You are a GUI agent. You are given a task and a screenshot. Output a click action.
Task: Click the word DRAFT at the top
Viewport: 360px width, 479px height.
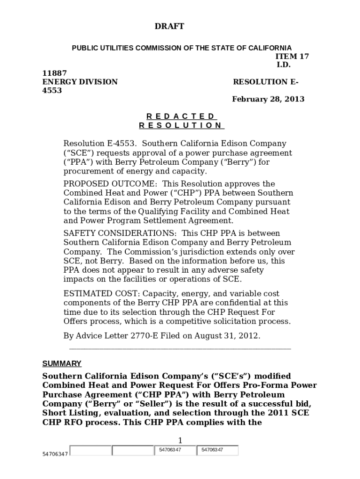point(169,27)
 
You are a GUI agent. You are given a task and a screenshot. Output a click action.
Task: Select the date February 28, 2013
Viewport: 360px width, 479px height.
point(268,99)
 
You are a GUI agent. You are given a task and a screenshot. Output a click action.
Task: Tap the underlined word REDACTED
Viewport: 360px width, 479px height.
point(180,116)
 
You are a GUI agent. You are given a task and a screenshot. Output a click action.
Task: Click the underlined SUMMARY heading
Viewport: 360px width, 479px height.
point(62,363)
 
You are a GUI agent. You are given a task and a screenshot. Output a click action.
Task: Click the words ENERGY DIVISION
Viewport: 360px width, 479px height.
point(80,82)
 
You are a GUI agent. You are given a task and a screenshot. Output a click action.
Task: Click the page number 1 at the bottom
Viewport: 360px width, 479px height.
point(180,440)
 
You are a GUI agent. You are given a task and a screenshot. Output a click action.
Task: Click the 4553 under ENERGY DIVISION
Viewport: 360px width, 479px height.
point(52,91)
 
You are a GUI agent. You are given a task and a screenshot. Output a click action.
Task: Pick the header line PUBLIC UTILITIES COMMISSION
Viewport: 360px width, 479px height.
point(181,48)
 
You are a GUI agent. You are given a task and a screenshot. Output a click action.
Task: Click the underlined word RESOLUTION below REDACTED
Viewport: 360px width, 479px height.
point(181,125)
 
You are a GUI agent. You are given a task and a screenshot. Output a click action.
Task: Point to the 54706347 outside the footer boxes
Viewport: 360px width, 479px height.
point(55,454)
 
